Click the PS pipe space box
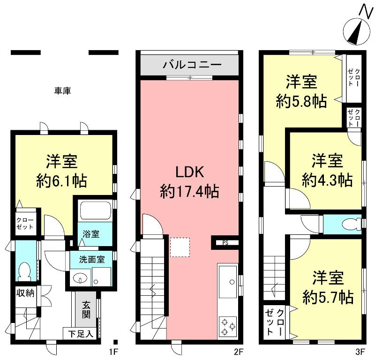pyautogui.click(x=225, y=242)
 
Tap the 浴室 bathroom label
pyautogui.click(x=91, y=234)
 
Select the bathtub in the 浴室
pyautogui.click(x=95, y=210)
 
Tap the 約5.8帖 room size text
pyautogui.click(x=301, y=102)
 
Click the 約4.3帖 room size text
pyautogui.click(x=327, y=180)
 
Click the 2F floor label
pyautogui.click(x=239, y=351)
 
